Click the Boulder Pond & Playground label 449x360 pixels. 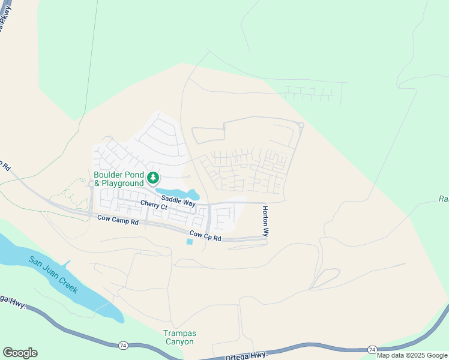click(x=119, y=179)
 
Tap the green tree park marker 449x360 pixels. click(x=153, y=178)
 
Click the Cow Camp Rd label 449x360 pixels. click(x=118, y=221)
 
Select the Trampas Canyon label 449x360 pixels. click(x=179, y=337)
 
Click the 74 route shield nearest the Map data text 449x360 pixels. click(x=372, y=349)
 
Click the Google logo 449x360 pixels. click(x=20, y=353)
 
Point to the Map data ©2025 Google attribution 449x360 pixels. click(x=412, y=355)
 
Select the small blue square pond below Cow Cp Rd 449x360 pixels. click(x=190, y=242)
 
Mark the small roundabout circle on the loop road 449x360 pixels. click(x=301, y=125)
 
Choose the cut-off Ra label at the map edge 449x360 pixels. click(x=444, y=199)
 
